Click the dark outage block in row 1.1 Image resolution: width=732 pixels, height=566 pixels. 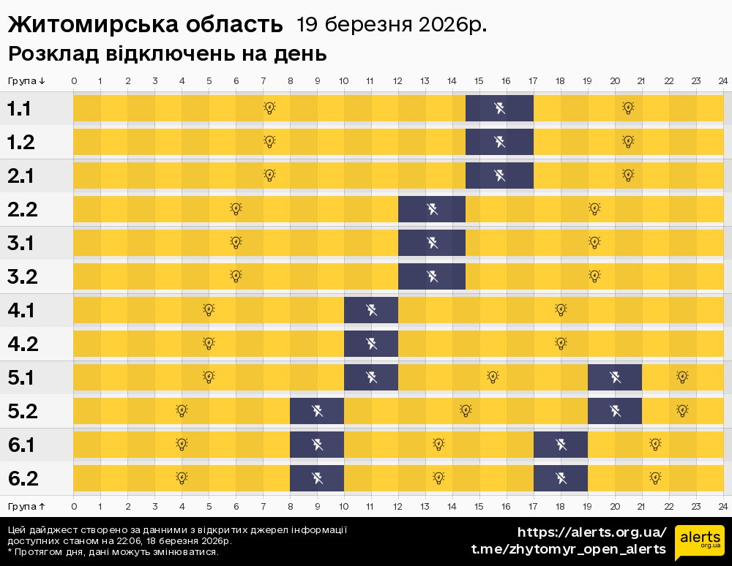499,109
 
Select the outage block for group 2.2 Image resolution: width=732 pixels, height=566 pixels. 432,210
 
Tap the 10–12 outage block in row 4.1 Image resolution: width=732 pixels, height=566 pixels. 371,310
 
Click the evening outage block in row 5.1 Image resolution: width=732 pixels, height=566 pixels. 615,377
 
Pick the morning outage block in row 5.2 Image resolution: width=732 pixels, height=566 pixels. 317,411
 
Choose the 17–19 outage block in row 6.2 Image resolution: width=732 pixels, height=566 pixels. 561,478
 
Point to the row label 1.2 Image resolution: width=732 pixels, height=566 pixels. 22,143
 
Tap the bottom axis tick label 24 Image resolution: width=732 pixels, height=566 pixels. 722,505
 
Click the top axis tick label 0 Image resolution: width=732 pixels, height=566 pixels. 74,80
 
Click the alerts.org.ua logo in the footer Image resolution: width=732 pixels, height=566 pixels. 699,541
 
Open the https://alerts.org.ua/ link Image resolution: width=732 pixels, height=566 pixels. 591,532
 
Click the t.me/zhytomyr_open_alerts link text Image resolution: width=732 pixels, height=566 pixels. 568,549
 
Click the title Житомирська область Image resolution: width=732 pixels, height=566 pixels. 145,25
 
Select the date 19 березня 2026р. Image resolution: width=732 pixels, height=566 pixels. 392,25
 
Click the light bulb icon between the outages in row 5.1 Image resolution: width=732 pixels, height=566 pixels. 493,377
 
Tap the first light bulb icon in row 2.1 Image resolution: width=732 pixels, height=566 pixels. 269,176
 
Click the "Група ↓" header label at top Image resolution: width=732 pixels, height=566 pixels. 26,80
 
